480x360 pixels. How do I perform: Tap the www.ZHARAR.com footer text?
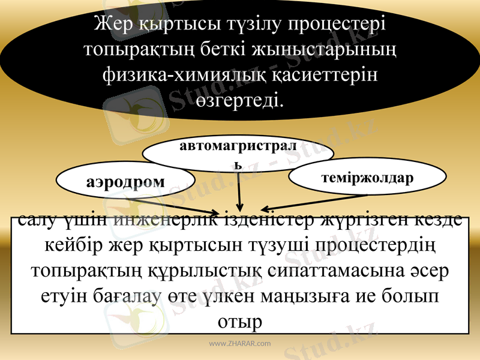click(239, 344)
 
